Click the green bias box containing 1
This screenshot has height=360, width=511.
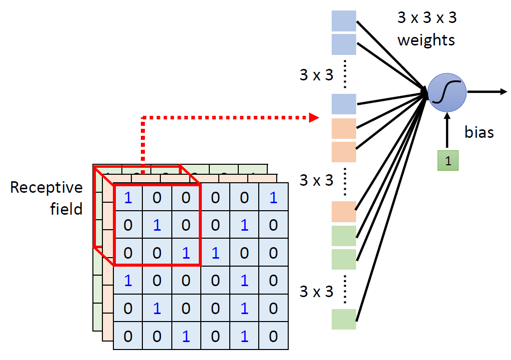448,161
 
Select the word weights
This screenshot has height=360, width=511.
426,39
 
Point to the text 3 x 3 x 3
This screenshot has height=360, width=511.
427,18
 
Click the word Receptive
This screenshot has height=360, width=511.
46,188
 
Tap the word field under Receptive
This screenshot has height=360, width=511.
66,209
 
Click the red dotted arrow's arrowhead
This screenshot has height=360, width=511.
314,118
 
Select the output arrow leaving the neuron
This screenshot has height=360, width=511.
487,91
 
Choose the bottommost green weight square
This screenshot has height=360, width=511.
344,319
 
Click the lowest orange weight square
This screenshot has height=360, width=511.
344,212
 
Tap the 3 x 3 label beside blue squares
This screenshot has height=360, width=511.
316,75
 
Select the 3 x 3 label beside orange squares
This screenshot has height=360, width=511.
316,180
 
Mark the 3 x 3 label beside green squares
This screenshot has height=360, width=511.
316,291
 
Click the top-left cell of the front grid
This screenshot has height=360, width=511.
128,198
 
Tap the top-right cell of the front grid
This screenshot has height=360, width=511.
273,198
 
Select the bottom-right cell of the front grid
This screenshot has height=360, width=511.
273,336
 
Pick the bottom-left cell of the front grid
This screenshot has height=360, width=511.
128,336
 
